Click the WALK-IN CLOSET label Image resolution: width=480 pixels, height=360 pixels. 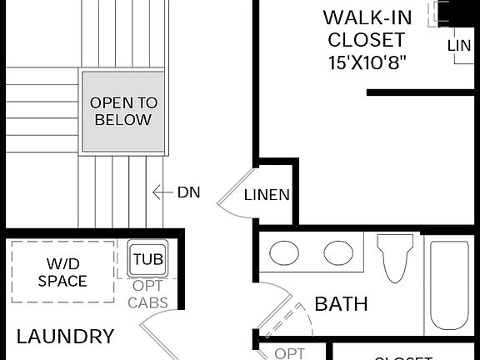pyautogui.click(x=365, y=28)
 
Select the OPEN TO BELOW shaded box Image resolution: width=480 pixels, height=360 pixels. pyautogui.click(x=122, y=112)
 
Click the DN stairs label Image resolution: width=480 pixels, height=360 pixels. pyautogui.click(x=188, y=192)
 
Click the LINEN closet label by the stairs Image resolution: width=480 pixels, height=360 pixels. pyautogui.click(x=267, y=196)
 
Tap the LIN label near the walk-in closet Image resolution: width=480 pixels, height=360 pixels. pyautogui.click(x=459, y=46)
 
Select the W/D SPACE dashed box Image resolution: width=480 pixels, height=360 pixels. pyautogui.click(x=62, y=272)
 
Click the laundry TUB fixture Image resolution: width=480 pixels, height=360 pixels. pyautogui.click(x=148, y=259)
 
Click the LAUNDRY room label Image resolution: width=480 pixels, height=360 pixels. pyautogui.click(x=65, y=337)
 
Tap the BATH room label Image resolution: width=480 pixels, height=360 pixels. pyautogui.click(x=341, y=304)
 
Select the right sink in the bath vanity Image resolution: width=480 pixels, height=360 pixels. pyautogui.click(x=338, y=252)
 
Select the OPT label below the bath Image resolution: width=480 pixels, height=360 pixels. pyautogui.click(x=290, y=353)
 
